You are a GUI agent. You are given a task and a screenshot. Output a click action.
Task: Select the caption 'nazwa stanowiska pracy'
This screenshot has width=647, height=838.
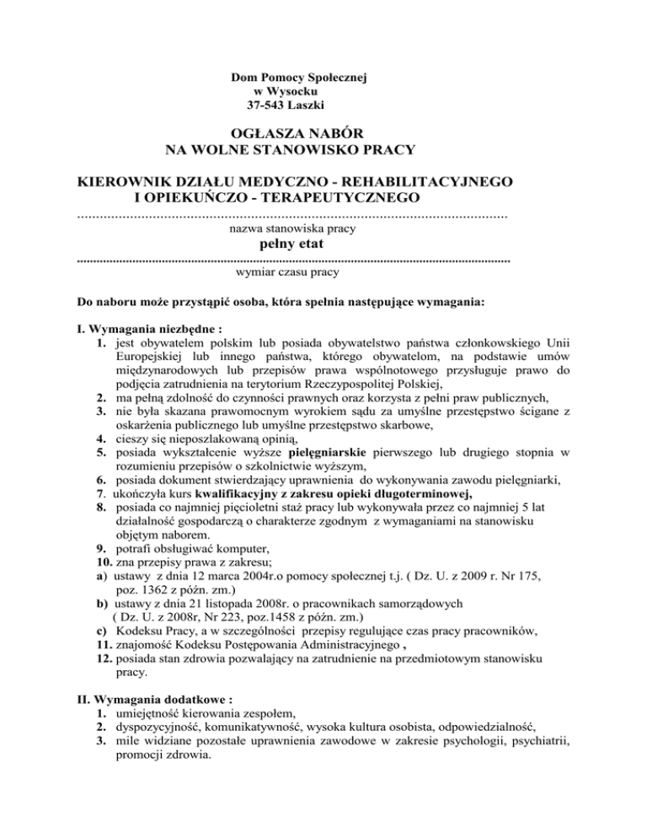(x=291, y=228)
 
